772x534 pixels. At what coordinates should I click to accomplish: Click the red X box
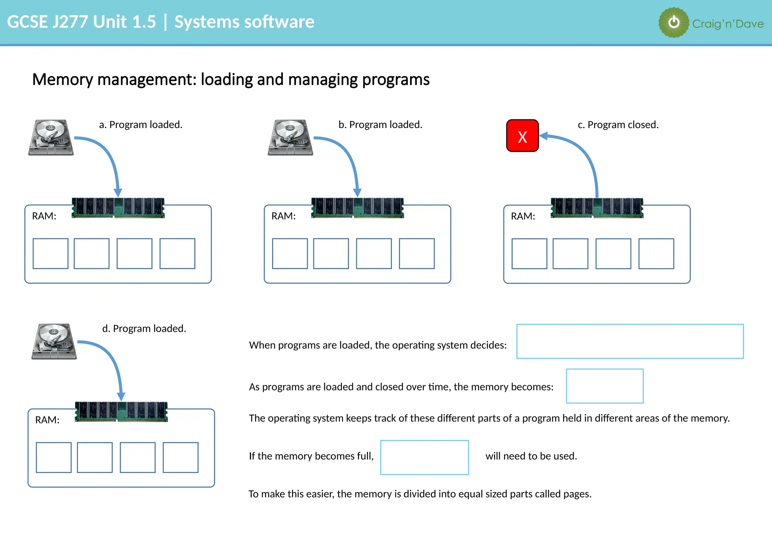(x=522, y=136)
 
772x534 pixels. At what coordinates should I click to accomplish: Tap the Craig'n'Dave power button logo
(x=674, y=23)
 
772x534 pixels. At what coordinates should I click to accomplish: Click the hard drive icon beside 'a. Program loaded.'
(x=51, y=137)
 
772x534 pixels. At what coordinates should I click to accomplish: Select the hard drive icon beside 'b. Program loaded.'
(x=290, y=137)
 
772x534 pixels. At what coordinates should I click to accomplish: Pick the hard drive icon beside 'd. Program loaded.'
(x=54, y=341)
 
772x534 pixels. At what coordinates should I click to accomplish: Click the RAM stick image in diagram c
(x=597, y=208)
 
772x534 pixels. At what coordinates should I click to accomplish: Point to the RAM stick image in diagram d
(x=121, y=412)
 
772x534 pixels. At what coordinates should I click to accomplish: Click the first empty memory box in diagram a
(x=51, y=253)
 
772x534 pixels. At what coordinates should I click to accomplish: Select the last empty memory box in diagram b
(x=417, y=253)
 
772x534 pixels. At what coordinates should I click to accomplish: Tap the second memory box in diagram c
(x=570, y=253)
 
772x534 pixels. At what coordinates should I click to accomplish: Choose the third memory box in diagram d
(x=138, y=457)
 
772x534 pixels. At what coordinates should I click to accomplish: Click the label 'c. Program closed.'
(x=618, y=125)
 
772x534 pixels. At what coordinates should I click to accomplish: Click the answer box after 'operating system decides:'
(x=630, y=341)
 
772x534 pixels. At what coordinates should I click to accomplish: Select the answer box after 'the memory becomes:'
(x=604, y=386)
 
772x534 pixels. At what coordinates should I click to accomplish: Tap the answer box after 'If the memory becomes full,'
(x=424, y=457)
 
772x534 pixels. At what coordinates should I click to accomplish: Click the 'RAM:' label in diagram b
(x=283, y=216)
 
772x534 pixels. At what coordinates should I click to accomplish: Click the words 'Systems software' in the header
(x=244, y=22)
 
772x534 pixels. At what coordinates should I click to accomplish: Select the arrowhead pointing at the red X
(x=544, y=136)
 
